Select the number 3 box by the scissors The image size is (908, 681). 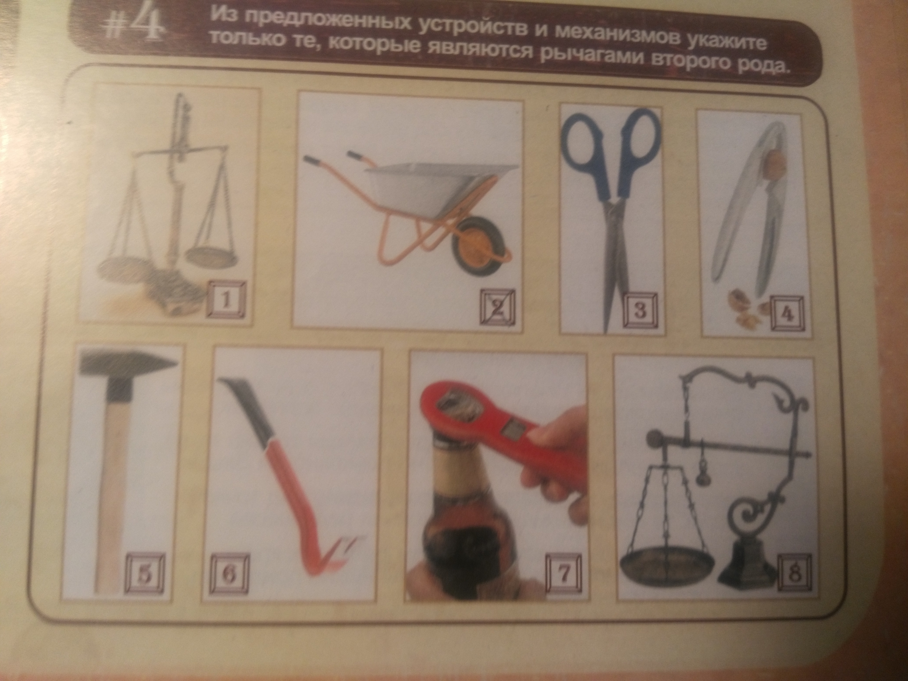point(640,310)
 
